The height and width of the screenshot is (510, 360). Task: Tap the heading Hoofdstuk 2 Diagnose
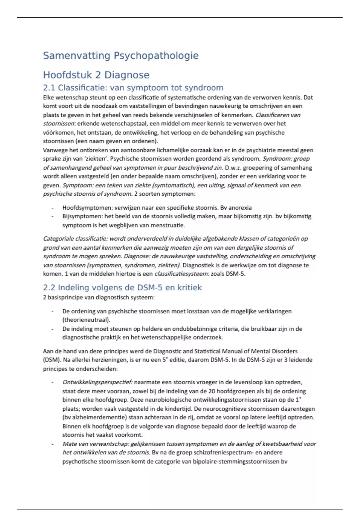tap(96, 75)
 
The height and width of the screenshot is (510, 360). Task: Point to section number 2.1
tap(49, 88)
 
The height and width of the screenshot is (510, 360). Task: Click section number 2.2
tap(49, 288)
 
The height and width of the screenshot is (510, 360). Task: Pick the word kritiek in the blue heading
tap(190, 288)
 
